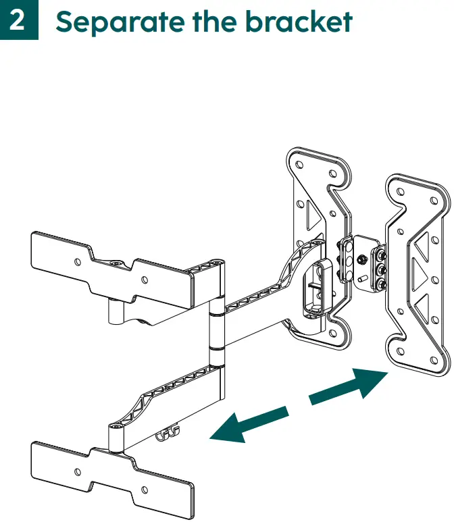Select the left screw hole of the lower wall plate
click(x=78, y=471)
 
